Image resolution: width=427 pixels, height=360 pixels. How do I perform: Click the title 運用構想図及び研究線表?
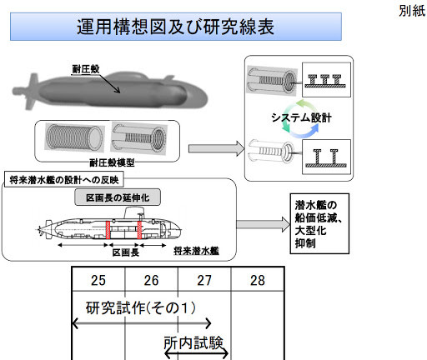175,27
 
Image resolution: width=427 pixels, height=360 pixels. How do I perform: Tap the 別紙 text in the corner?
412,11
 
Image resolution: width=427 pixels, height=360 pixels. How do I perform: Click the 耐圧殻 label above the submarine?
86,69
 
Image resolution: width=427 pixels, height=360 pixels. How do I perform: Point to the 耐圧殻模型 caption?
112,162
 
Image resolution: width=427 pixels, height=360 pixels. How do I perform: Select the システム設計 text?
301,117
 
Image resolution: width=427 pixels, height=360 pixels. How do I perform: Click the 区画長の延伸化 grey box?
118,197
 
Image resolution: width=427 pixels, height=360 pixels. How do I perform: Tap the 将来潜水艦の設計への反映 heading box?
64,179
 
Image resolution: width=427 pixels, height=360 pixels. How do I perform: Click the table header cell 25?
98,279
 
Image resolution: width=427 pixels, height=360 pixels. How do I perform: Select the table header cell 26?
151,279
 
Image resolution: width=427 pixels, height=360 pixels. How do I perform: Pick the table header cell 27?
204,279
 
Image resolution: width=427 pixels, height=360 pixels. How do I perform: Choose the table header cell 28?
258,279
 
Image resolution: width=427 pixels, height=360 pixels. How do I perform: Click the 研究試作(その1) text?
141,307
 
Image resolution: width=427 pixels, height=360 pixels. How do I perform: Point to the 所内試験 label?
193,342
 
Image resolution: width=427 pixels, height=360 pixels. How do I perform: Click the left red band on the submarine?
108,230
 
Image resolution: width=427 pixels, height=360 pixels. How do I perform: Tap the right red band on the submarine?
139,230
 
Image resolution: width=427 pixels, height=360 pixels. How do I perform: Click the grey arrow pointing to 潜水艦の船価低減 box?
264,224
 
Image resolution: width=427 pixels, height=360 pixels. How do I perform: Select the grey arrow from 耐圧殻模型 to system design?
217,148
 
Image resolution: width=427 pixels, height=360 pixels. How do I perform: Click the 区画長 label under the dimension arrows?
126,252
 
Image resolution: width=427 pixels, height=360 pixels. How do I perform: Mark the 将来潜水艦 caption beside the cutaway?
196,251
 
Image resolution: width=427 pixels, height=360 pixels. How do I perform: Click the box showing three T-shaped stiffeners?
326,80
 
